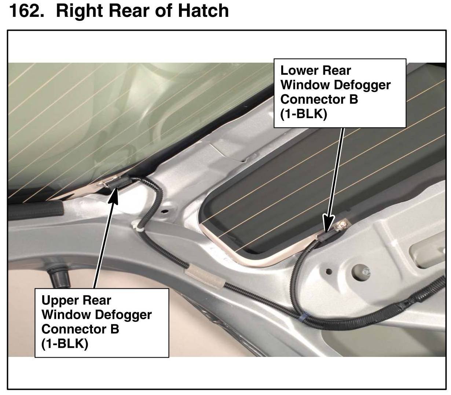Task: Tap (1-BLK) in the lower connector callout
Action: click(303, 114)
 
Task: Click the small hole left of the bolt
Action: click(329, 272)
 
